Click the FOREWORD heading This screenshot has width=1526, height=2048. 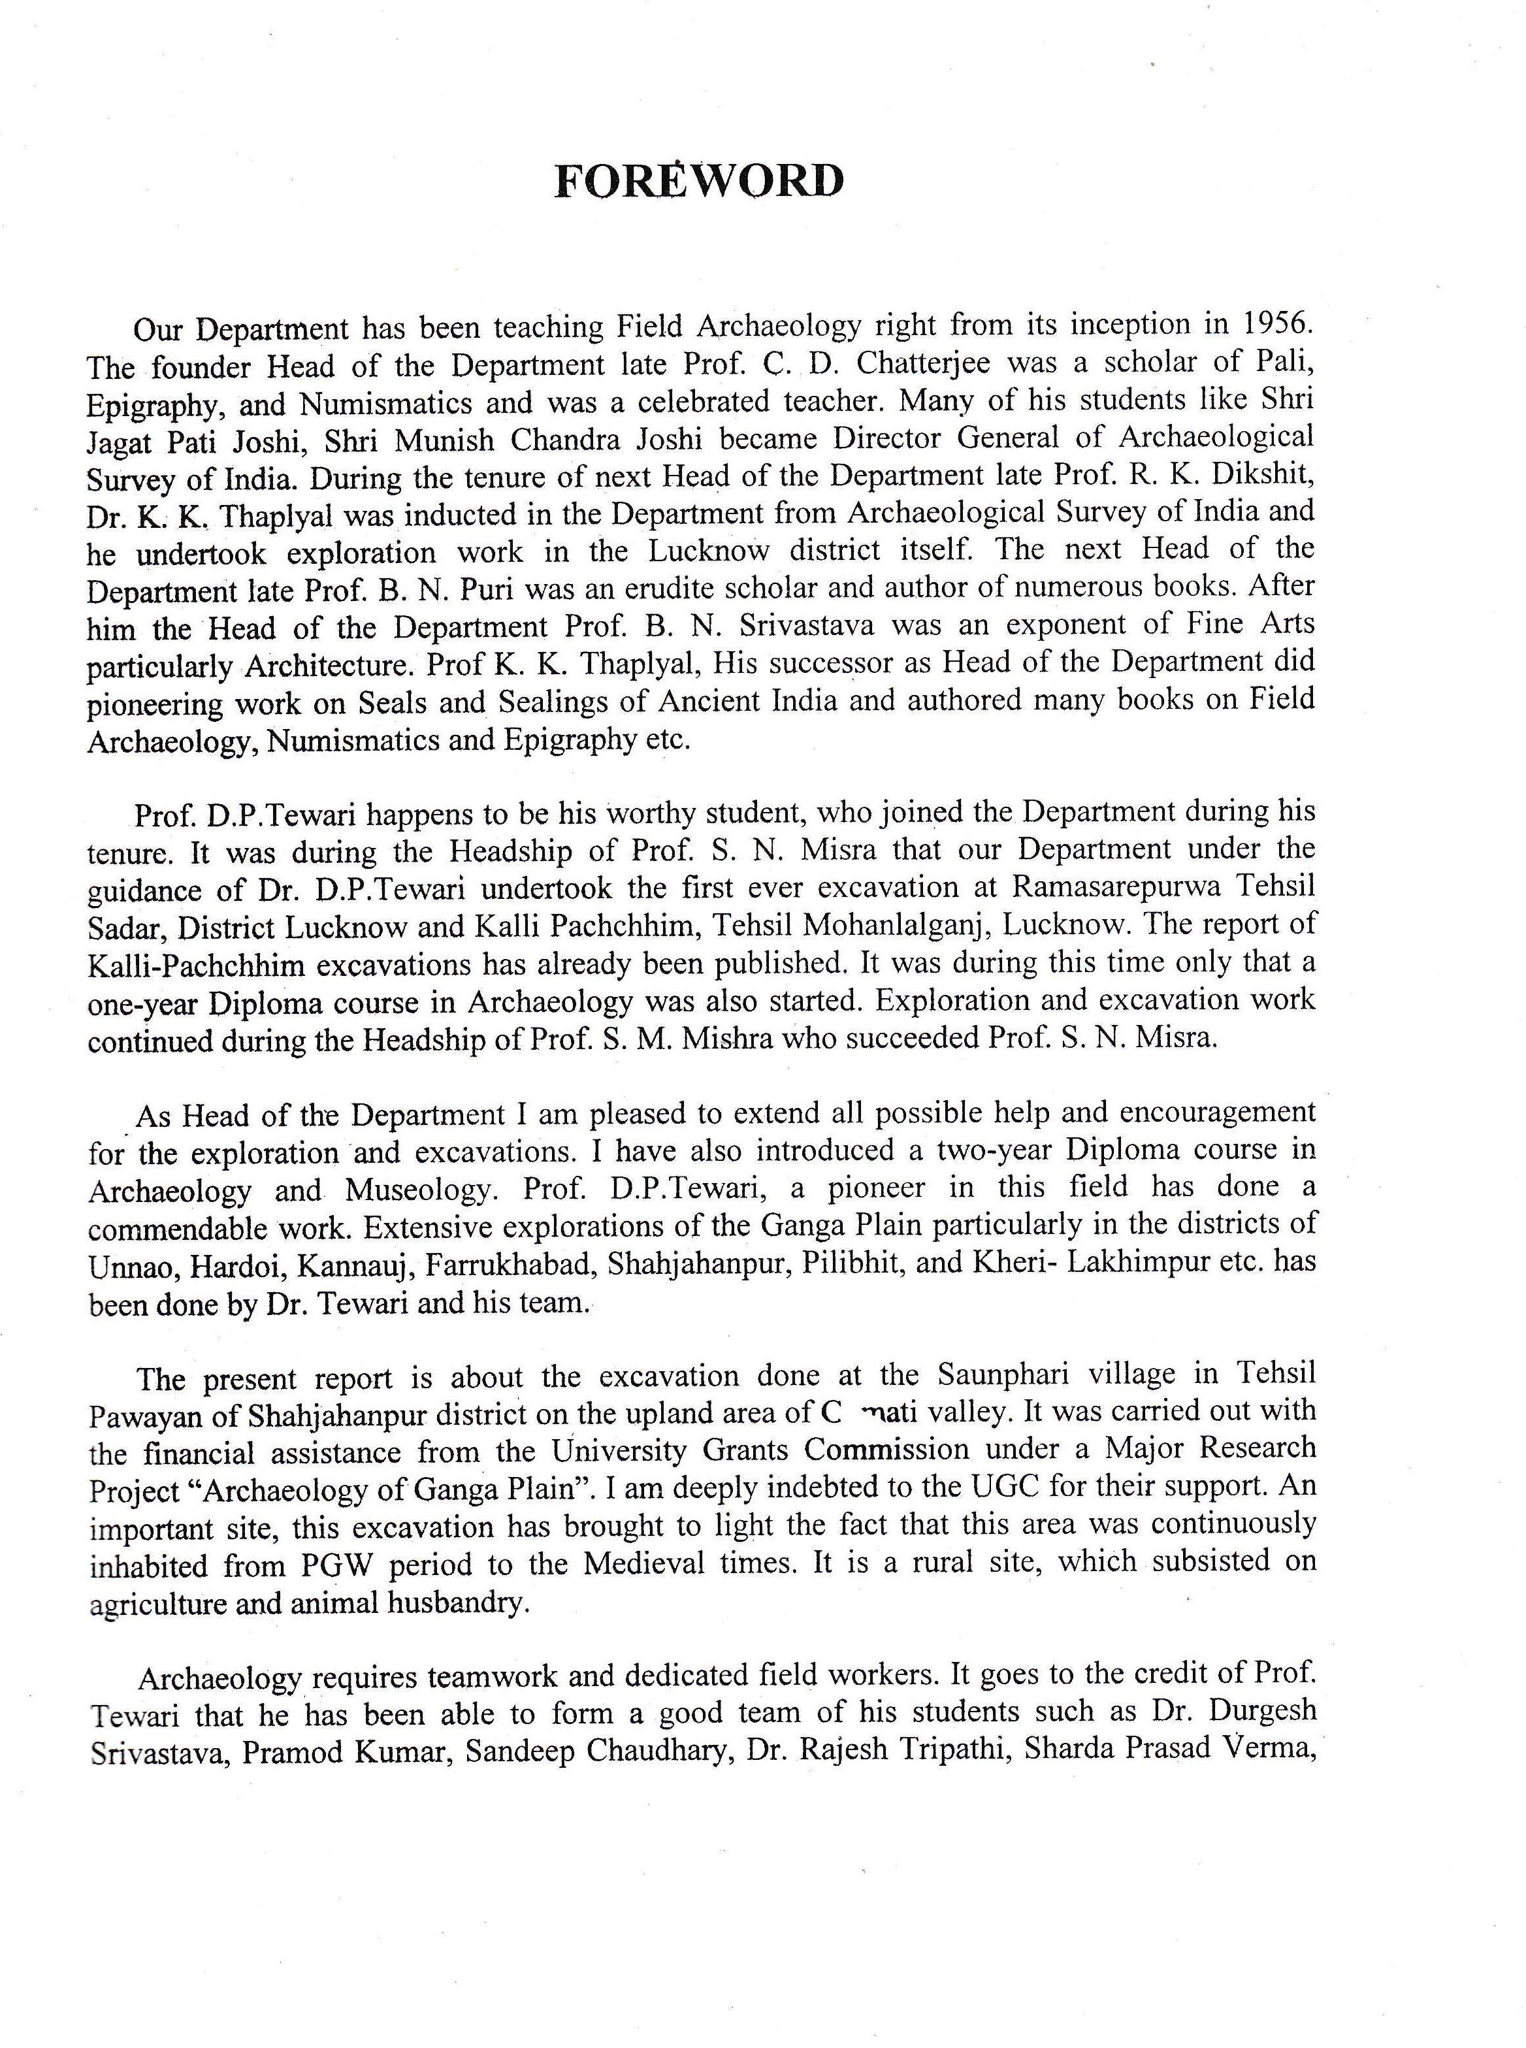(698, 181)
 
